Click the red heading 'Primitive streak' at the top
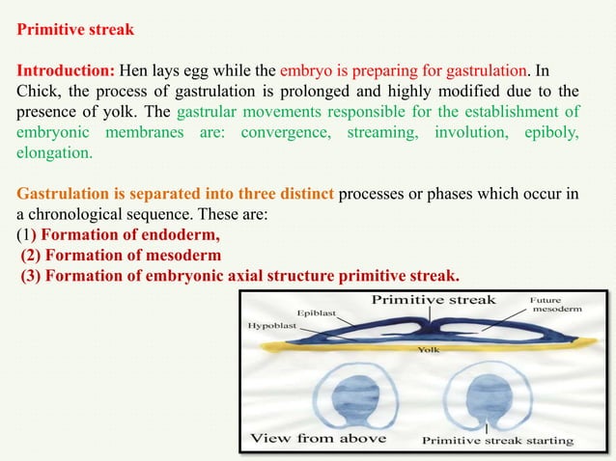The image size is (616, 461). point(76,29)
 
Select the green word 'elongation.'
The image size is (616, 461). point(55,153)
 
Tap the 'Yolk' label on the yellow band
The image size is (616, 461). point(428,350)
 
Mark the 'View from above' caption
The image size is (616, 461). point(319,438)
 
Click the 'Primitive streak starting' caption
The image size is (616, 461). point(497,440)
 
